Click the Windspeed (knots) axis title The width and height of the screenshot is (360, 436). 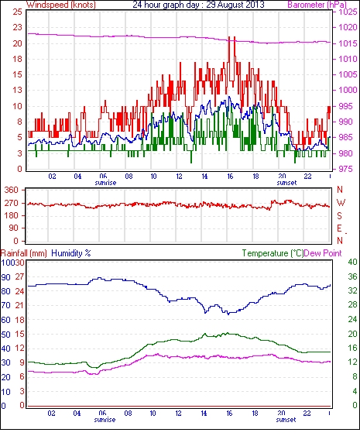[x=61, y=5]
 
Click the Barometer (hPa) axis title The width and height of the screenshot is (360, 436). [x=317, y=5]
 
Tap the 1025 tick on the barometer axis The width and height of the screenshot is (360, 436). [x=348, y=12]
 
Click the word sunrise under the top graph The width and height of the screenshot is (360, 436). [x=105, y=183]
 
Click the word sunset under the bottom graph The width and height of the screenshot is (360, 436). [x=286, y=420]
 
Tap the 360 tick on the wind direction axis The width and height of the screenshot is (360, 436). [x=12, y=191]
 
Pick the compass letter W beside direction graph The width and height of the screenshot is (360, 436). [x=341, y=203]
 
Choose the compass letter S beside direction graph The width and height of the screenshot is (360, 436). [x=339, y=215]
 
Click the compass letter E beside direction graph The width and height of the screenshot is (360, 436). [x=339, y=228]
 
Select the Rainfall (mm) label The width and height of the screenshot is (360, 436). [x=24, y=253]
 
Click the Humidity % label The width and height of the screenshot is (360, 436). [x=71, y=253]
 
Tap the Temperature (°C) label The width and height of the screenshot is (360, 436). [x=273, y=253]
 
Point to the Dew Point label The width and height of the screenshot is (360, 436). [x=323, y=253]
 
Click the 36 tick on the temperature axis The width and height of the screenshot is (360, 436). [x=352, y=276]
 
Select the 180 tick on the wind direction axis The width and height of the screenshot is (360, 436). [x=12, y=216]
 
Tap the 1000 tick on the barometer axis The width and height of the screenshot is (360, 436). [x=348, y=90]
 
